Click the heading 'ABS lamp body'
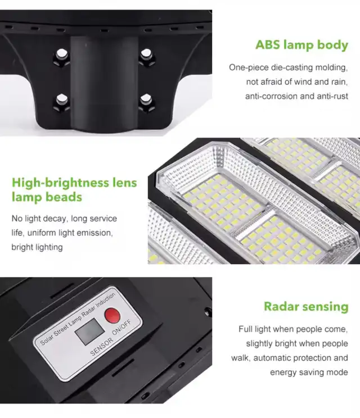(x=302, y=46)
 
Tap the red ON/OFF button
(x=112, y=316)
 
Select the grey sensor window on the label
(x=89, y=331)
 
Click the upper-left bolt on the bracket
(x=62, y=56)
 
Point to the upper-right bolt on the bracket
(x=146, y=56)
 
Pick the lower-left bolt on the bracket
(x=62, y=101)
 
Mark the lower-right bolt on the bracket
(x=146, y=101)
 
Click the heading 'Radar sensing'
(x=306, y=307)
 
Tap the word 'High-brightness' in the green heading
(x=60, y=183)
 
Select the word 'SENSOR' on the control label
(x=102, y=347)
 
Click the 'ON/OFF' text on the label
(x=122, y=328)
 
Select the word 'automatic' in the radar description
(x=271, y=358)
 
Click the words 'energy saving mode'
(x=309, y=372)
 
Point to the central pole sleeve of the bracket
(x=105, y=83)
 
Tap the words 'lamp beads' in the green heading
(x=47, y=197)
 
